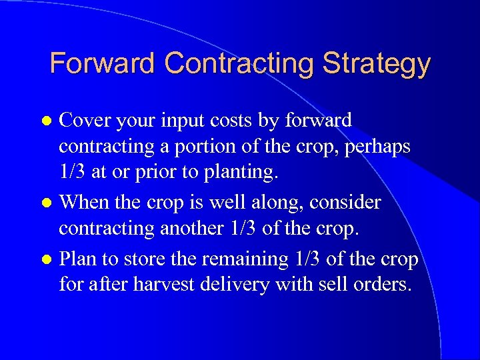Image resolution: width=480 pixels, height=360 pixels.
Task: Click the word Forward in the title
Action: [103, 64]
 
